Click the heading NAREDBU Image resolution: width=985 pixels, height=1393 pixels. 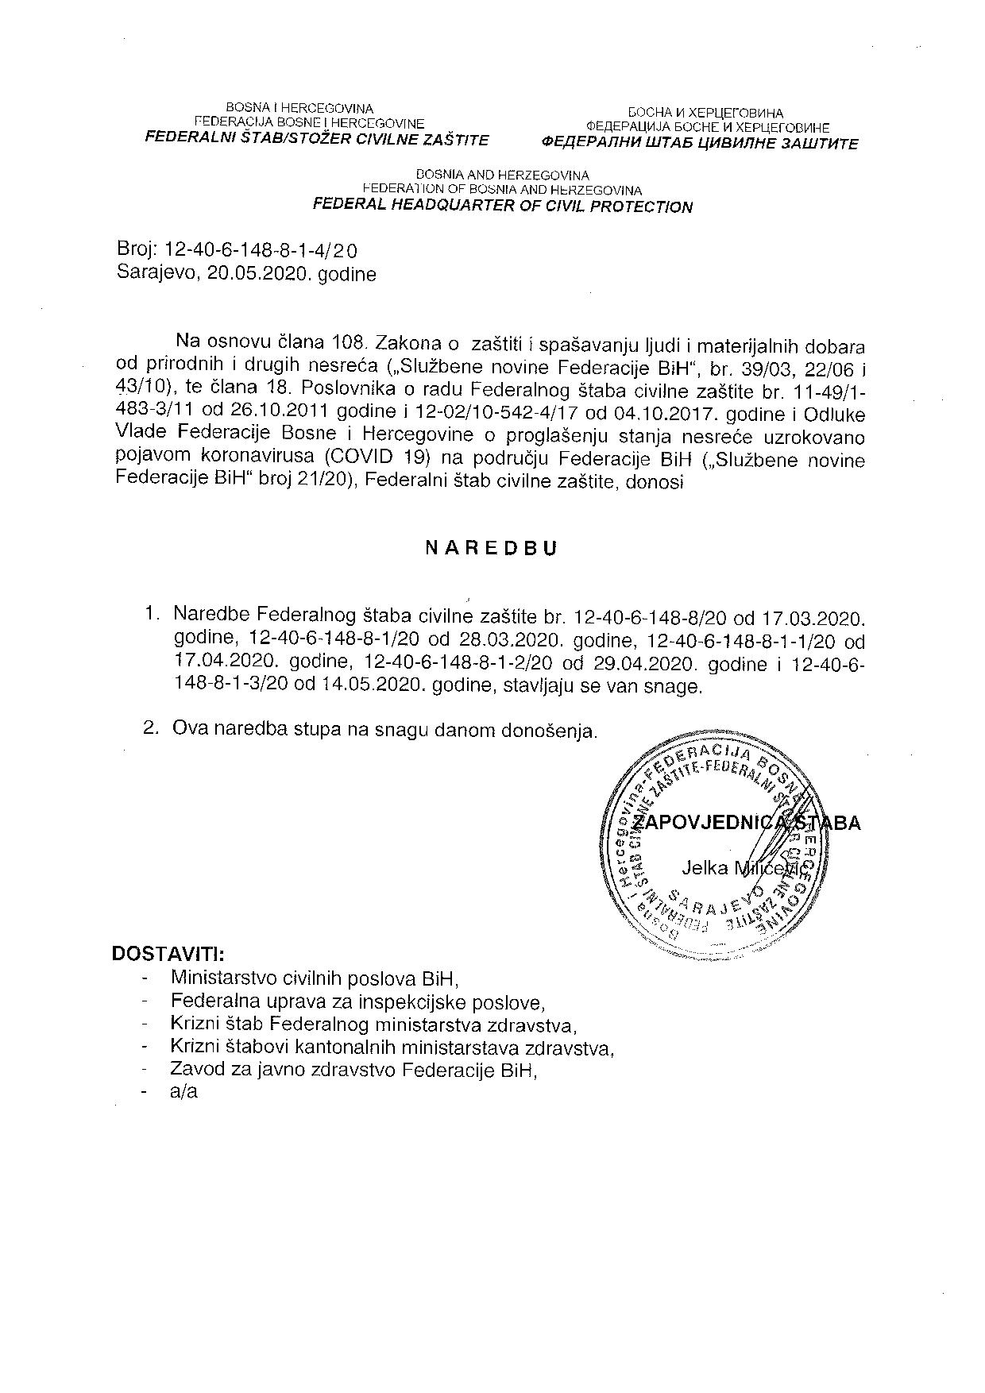492,548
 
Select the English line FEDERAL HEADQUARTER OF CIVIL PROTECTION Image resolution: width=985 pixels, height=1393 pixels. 502,206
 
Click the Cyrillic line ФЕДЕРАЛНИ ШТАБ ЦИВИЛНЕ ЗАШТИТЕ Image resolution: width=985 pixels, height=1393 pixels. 700,145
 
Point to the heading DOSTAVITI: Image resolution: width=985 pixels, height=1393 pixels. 168,953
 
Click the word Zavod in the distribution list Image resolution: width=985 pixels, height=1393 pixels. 194,1069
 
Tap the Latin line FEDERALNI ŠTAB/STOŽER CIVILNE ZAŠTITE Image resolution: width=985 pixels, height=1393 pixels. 315,140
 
